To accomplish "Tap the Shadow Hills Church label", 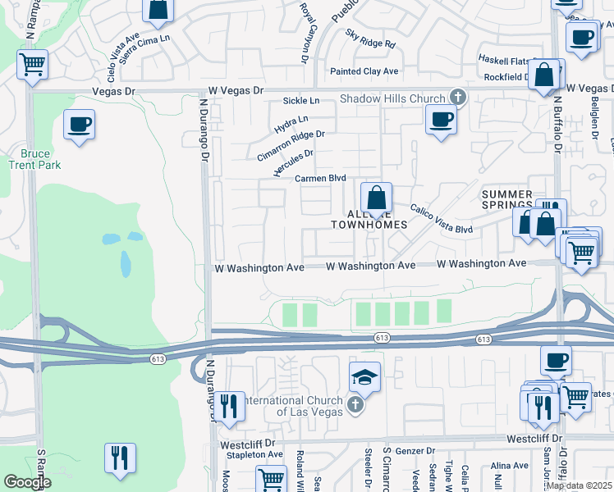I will (392, 99).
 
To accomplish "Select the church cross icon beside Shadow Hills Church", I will (457, 98).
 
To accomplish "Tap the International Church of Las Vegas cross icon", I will (355, 405).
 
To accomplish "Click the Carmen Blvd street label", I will (320, 178).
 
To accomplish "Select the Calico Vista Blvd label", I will (441, 219).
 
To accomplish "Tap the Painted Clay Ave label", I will (364, 71).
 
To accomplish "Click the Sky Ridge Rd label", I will (370, 39).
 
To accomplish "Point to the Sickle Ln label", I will (300, 101).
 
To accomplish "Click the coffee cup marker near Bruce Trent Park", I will (79, 125).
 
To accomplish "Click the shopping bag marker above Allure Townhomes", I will (376, 198).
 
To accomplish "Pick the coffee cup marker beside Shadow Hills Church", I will (441, 119).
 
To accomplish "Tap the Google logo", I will (28, 482).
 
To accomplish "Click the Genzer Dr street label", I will (415, 451).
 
